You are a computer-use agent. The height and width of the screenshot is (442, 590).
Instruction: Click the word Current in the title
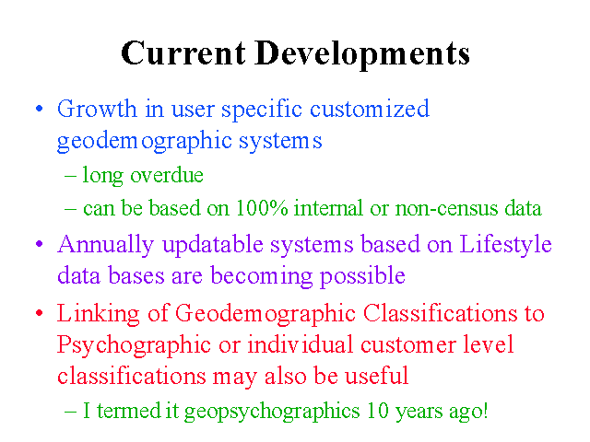point(183,53)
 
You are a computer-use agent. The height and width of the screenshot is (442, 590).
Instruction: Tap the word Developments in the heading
point(362,55)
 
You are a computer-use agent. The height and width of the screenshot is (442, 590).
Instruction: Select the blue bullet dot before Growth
point(39,109)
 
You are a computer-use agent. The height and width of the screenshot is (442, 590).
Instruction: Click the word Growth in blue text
point(97,109)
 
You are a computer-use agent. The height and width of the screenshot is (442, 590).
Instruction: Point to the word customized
point(370,109)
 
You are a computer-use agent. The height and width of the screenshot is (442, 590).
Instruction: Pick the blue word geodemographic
point(145,142)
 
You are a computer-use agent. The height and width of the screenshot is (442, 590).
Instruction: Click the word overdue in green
point(167,175)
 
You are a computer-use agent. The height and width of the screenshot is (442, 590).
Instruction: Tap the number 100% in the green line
point(262,208)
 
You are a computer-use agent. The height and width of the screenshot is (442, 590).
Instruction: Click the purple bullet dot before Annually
point(39,244)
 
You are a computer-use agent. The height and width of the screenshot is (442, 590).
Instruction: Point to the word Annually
point(106,245)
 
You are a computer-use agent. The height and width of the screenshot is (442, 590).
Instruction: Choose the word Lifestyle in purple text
point(505,245)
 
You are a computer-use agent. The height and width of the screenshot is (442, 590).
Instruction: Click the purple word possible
point(362,276)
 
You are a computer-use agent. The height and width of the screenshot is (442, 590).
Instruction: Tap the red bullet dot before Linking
point(39,313)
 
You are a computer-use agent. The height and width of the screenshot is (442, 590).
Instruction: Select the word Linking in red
point(99,314)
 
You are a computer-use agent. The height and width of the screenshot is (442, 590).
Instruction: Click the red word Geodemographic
point(265,314)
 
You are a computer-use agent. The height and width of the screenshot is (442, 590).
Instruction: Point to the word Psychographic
point(134,345)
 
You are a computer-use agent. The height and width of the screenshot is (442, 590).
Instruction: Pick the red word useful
point(377,375)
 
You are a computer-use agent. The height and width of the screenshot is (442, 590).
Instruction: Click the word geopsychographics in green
point(272,411)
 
